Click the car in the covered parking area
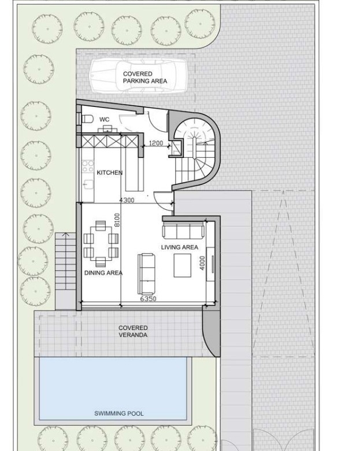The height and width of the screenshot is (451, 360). (x=138, y=76)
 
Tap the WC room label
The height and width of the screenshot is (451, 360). (x=105, y=119)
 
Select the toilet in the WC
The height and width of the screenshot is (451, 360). (x=87, y=119)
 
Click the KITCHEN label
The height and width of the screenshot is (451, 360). (x=110, y=172)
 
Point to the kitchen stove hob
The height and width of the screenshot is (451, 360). (x=88, y=166)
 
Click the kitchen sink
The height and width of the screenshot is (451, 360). (x=88, y=184)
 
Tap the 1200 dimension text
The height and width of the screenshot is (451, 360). (x=156, y=143)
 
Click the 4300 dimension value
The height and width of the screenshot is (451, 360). (x=127, y=200)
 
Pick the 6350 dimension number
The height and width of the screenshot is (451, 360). (x=148, y=299)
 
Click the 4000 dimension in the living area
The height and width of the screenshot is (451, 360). (x=202, y=263)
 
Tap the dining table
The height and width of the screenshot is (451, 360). (x=101, y=243)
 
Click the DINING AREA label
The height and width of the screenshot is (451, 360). (x=103, y=273)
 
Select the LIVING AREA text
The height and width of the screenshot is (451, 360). (x=180, y=247)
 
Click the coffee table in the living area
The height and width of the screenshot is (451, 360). (x=182, y=265)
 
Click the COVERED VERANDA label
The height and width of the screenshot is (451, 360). (x=133, y=331)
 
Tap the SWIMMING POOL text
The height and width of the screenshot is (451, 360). (x=119, y=413)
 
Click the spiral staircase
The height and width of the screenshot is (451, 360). (x=195, y=153)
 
